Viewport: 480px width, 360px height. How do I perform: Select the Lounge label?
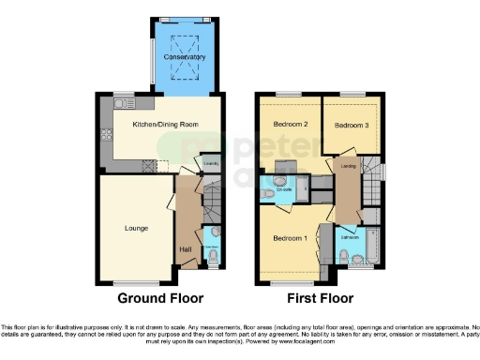click(x=137, y=227)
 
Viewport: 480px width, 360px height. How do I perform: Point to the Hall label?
click(x=186, y=248)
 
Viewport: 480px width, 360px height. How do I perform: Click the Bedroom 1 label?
click(x=290, y=238)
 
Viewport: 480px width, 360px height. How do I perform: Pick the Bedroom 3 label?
click(x=351, y=124)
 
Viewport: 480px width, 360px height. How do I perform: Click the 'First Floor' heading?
click(x=321, y=299)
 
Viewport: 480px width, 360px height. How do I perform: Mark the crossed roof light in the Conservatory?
click(x=183, y=41)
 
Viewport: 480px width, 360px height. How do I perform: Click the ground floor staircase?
click(x=208, y=201)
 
